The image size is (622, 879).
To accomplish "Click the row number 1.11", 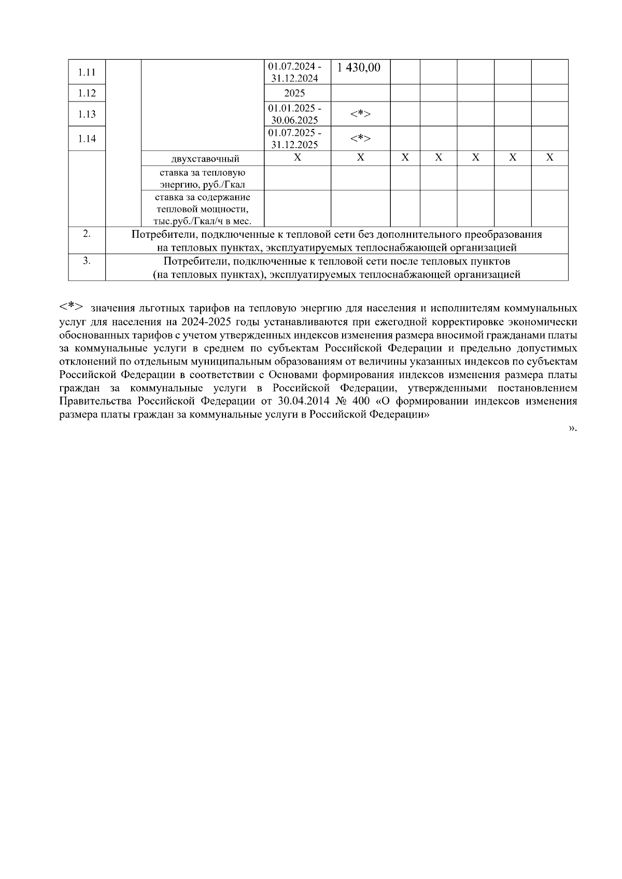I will (x=87, y=72).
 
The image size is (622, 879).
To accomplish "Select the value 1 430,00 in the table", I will (x=359, y=67).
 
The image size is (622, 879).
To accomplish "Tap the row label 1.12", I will (x=87, y=93).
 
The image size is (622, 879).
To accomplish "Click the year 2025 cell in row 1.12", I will (x=294, y=93).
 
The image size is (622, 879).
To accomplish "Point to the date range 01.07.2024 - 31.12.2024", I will (x=294, y=73).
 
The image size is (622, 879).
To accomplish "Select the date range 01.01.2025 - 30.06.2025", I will (x=294, y=114).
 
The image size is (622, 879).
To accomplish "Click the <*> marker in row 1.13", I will (x=360, y=114).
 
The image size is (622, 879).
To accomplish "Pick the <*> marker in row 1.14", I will (x=360, y=138).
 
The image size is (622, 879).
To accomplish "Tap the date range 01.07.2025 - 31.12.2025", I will (x=294, y=138).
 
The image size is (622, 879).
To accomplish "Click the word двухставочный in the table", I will (x=205, y=158).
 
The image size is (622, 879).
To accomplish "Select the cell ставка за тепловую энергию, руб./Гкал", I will (x=203, y=178).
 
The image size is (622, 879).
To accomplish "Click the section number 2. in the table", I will (x=87, y=234).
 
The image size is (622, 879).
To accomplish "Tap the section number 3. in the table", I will (x=87, y=261).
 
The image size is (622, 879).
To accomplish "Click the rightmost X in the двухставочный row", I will (x=549, y=157).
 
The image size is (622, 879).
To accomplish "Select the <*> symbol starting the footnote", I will (x=72, y=307).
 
